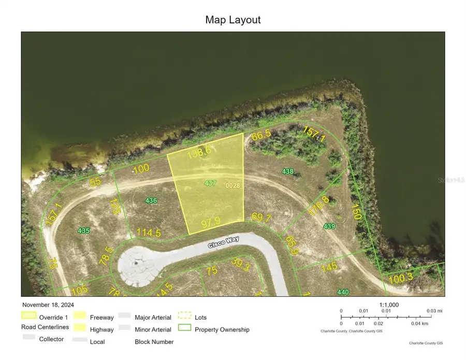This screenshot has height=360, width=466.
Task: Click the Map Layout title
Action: pos(233,20)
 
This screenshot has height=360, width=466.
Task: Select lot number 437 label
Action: pos(210,183)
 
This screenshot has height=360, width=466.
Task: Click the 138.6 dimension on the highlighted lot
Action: pos(200,151)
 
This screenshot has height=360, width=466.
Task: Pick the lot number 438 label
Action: pos(287,171)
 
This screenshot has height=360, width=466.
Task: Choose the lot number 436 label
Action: pos(151,200)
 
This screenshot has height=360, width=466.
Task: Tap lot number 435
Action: pos(83,231)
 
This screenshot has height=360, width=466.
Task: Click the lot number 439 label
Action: pos(329,226)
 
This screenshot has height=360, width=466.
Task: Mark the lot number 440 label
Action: pos(343,292)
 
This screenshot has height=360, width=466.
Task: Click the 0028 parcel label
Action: pos(232,185)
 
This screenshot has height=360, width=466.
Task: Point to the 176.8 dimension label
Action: pos(319,206)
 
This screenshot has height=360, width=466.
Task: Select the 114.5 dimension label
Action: pos(149,233)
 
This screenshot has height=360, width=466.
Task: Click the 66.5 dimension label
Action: pos(261,136)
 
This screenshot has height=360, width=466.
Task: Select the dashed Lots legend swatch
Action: pos(185,316)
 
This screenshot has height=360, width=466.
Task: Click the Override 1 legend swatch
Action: pos(29,315)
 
